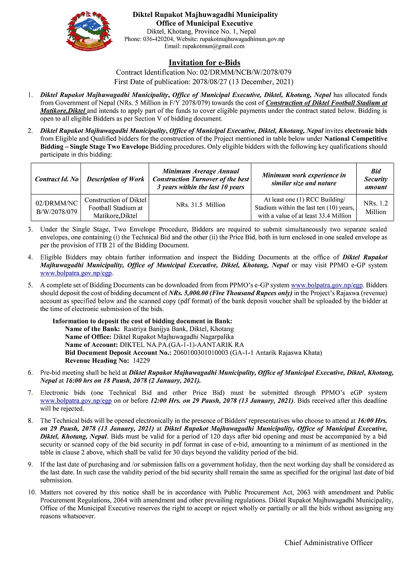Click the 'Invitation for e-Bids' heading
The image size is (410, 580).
coord(204,63)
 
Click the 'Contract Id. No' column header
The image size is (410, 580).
coord(57,179)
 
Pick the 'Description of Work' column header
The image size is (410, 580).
coord(115,179)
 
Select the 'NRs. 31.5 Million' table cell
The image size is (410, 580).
coord(201,204)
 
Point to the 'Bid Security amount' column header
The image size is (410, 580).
coord(376,179)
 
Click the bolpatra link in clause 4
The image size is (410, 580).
coord(76,274)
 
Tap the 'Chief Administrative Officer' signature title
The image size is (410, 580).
coord(329,543)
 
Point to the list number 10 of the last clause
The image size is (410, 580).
coord(32,492)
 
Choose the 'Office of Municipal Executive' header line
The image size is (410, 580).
coord(204,23)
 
